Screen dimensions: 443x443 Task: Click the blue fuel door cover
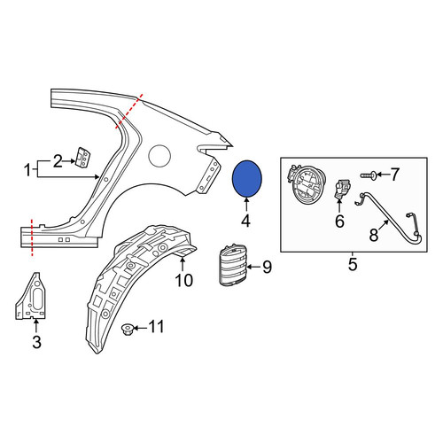(x=247, y=179)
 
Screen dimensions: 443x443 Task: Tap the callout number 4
(x=245, y=221)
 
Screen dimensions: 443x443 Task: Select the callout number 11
(x=156, y=327)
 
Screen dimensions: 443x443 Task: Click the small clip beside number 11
(x=128, y=329)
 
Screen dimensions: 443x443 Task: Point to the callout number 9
(x=267, y=268)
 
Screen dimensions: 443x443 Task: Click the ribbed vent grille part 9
(x=233, y=265)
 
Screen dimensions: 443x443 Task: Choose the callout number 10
(x=183, y=280)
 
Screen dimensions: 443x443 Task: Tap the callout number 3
(x=36, y=342)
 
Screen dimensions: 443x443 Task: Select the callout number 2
(x=58, y=161)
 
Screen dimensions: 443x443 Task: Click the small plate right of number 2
(x=83, y=158)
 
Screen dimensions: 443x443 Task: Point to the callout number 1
(x=27, y=170)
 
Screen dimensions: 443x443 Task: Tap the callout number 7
(x=395, y=175)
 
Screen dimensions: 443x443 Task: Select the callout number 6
(x=339, y=221)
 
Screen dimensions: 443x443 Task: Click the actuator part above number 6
(x=342, y=189)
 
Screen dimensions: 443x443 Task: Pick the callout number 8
(x=374, y=236)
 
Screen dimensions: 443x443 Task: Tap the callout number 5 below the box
(x=353, y=264)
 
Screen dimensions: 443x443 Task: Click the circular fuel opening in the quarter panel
(x=159, y=156)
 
